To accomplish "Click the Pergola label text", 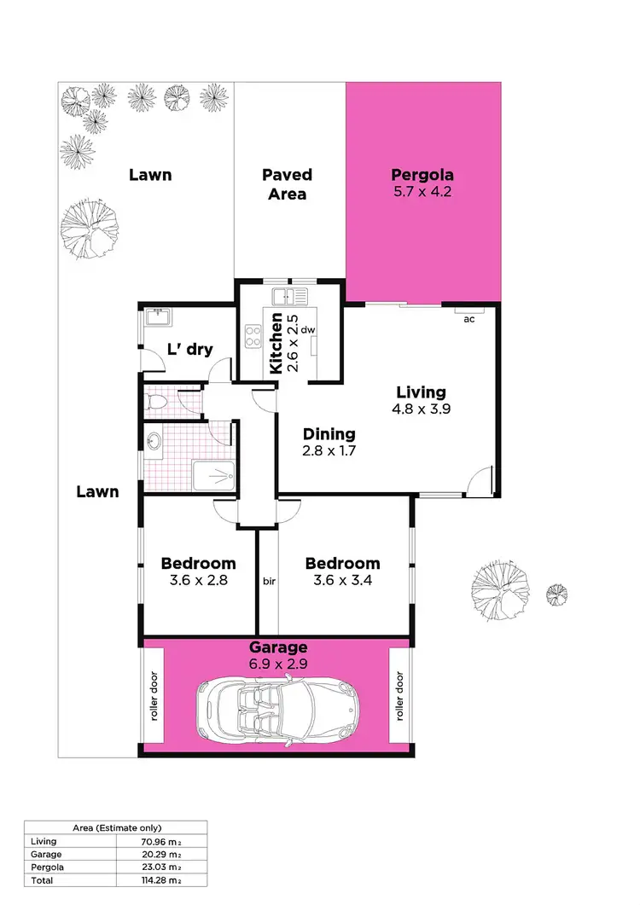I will click(x=421, y=176).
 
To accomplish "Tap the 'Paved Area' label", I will click(x=287, y=183).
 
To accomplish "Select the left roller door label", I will click(x=155, y=696).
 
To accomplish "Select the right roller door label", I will click(x=399, y=696).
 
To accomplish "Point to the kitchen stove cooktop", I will click(x=253, y=336).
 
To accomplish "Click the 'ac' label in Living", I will click(x=468, y=320).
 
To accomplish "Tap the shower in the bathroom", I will click(x=212, y=474).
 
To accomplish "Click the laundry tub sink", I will click(x=157, y=317).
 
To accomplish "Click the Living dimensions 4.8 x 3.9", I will click(x=421, y=409).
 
